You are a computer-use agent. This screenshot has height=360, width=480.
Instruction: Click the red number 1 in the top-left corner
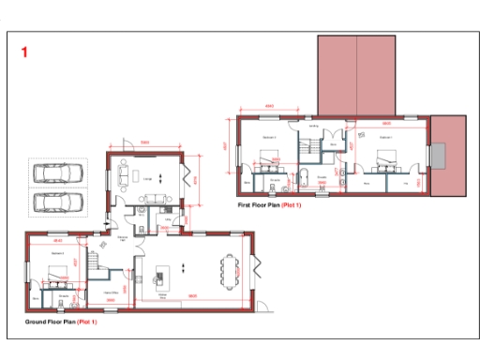(x=24, y=52)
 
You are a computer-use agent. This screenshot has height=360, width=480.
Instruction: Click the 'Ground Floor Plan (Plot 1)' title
(x=62, y=322)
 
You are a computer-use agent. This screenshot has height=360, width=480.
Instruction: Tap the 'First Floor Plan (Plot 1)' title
(x=272, y=203)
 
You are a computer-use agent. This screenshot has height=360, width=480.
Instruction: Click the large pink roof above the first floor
(x=356, y=75)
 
